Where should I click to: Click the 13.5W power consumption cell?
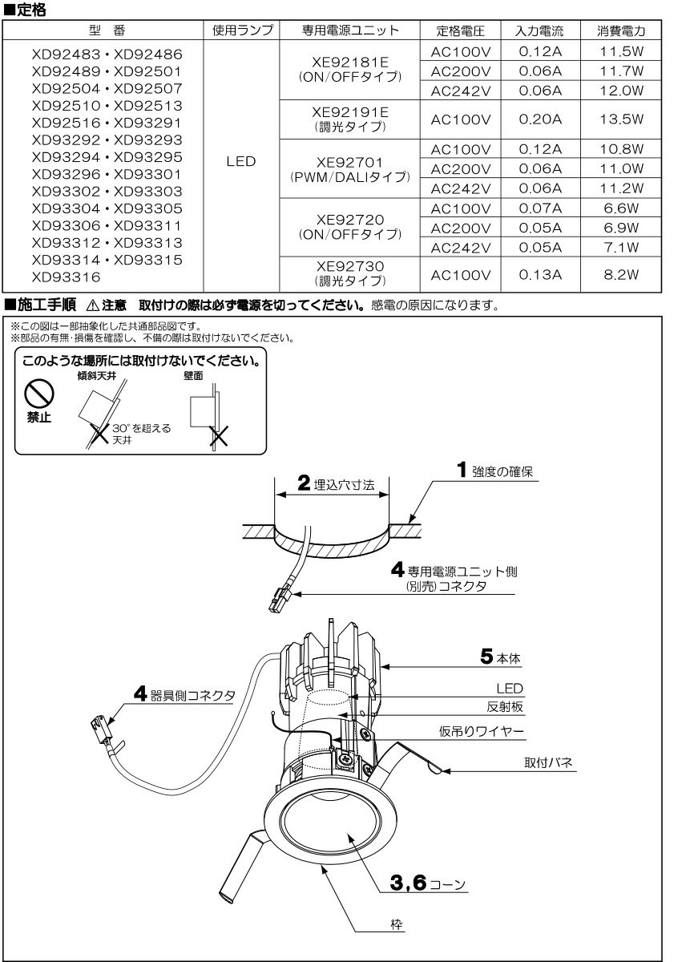pyautogui.click(x=621, y=119)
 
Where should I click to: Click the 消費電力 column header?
pyautogui.click(x=621, y=31)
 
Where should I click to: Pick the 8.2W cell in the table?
pyautogui.click(x=621, y=275)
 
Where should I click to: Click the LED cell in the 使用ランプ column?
pyautogui.click(x=241, y=161)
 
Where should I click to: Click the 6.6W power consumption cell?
pyautogui.click(x=621, y=208)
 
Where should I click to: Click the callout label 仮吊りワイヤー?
pyautogui.click(x=481, y=730)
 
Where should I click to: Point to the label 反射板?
pyautogui.click(x=504, y=707)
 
